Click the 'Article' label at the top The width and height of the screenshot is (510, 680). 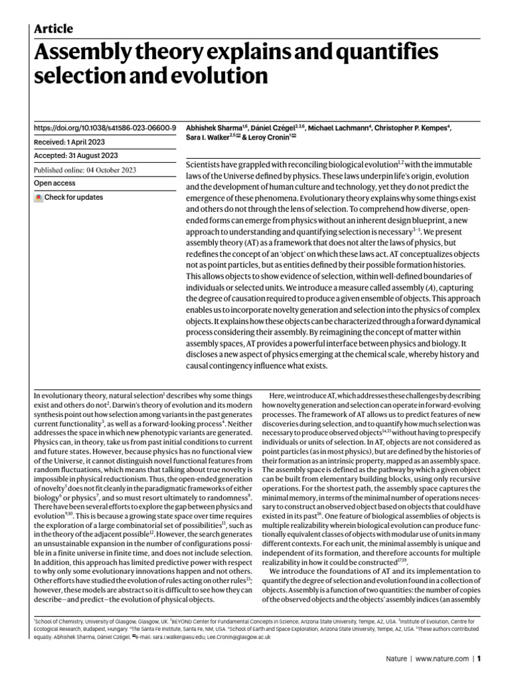click(x=53, y=29)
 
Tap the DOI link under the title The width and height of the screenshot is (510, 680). click(x=104, y=127)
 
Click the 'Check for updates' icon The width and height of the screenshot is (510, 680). click(x=39, y=197)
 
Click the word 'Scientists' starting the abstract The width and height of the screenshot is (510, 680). click(x=209, y=163)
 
